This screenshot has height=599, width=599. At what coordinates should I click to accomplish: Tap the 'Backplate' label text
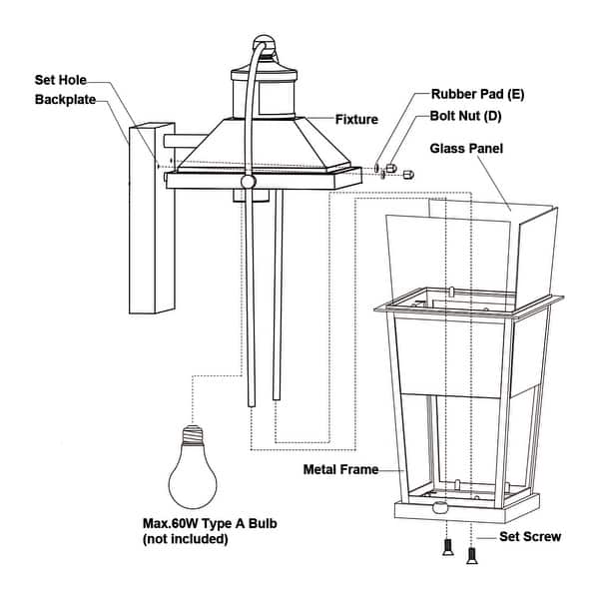(68, 100)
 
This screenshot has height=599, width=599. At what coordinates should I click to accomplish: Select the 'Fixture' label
(356, 120)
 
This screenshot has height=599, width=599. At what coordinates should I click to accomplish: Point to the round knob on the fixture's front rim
(248, 182)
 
